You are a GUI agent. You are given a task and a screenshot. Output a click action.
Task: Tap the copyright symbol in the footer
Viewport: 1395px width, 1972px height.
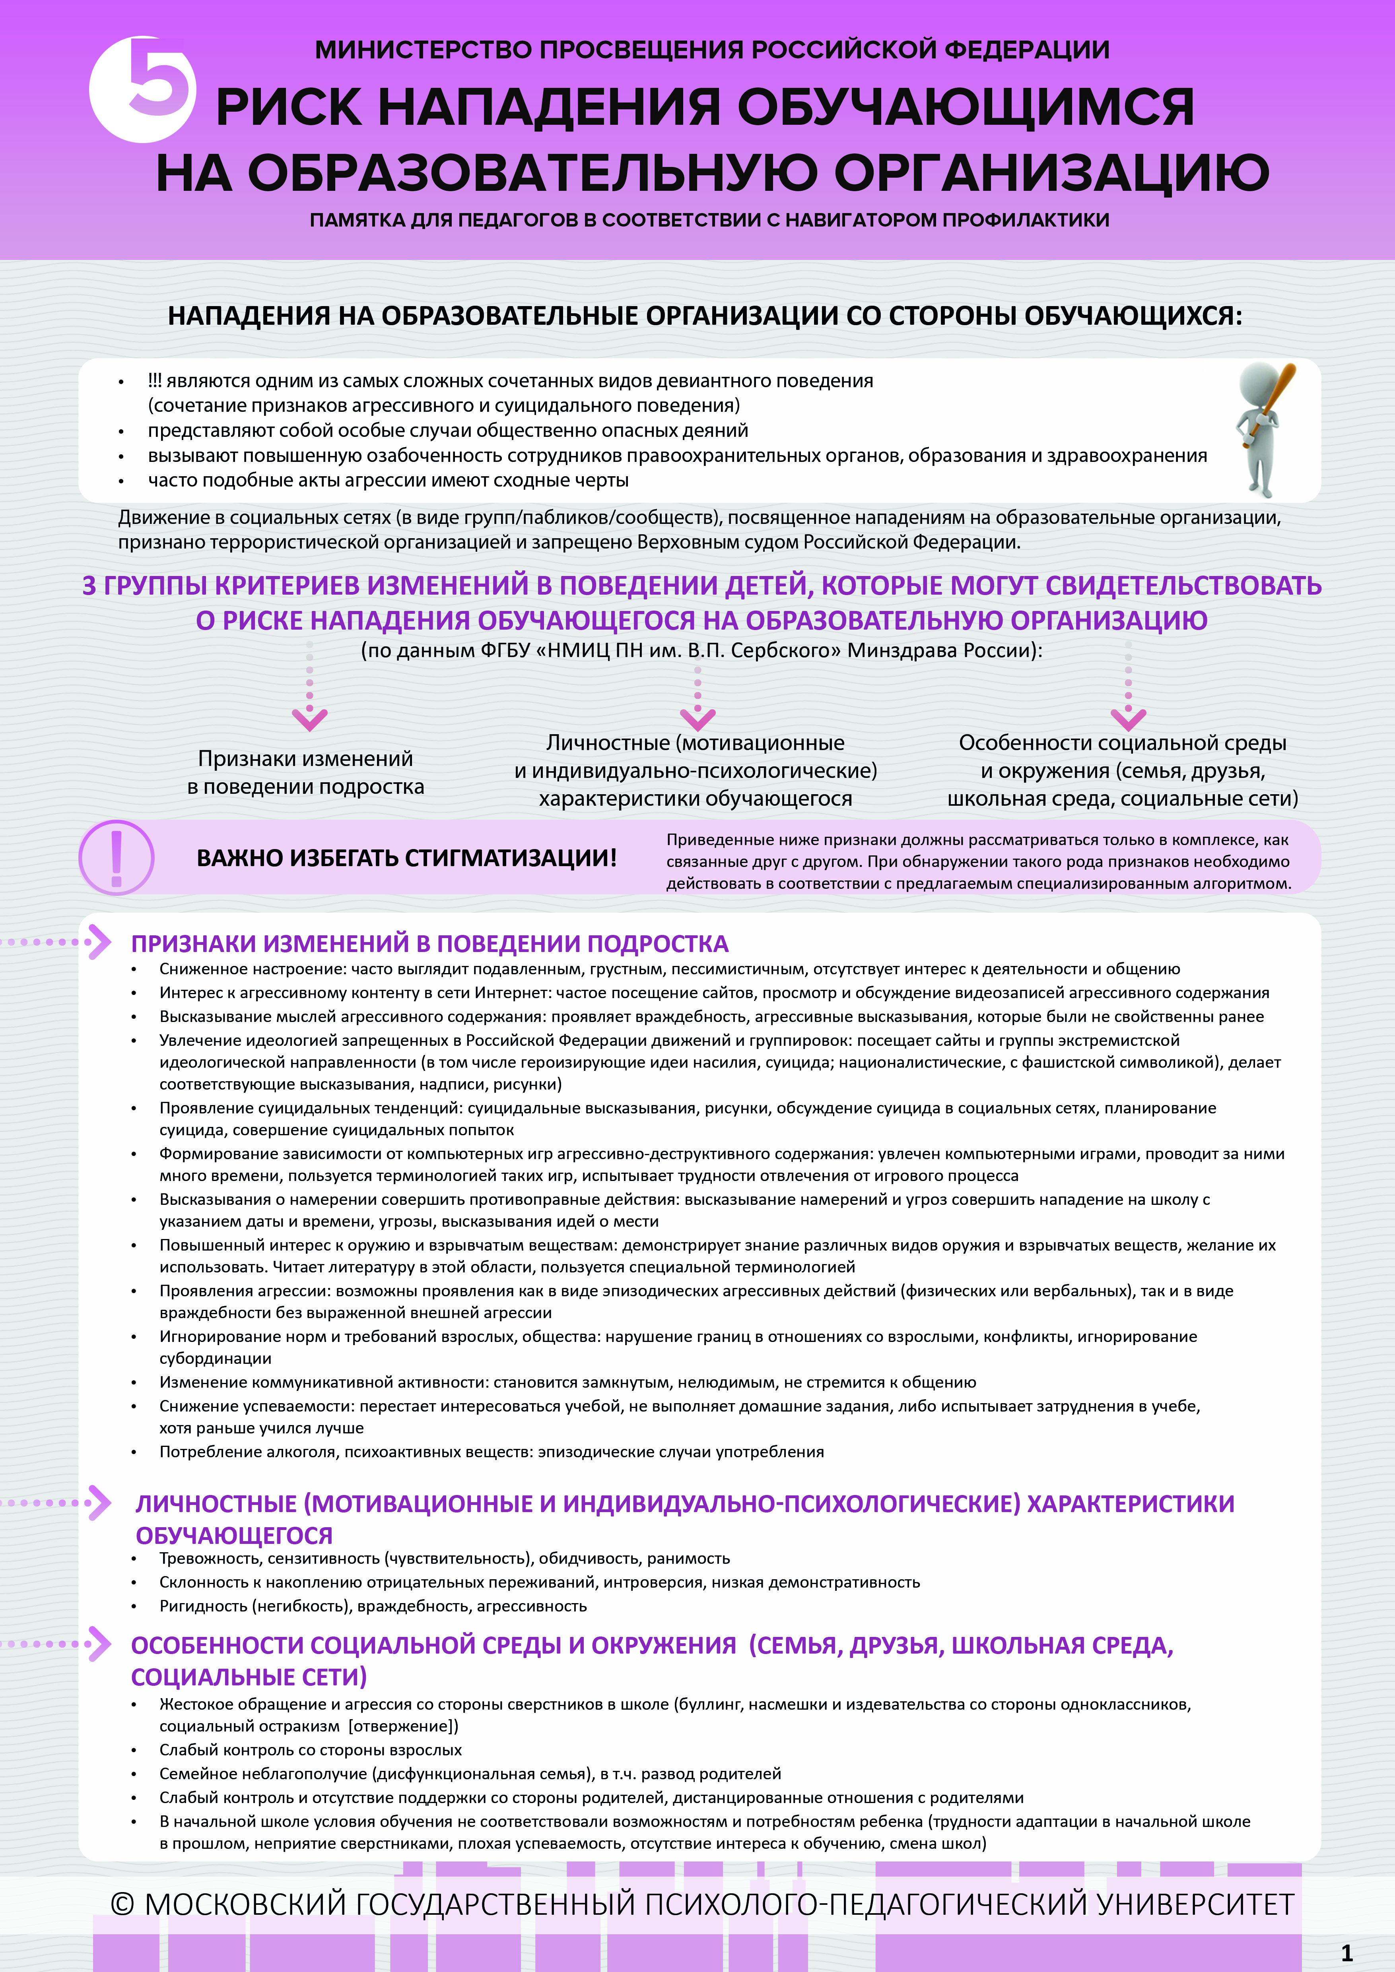[x=123, y=1904]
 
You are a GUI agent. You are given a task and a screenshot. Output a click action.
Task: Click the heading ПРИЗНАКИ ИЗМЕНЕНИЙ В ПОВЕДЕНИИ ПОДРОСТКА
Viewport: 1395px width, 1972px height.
[x=429, y=944]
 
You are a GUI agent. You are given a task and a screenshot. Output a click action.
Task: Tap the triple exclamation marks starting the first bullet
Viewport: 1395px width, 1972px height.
[x=155, y=380]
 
